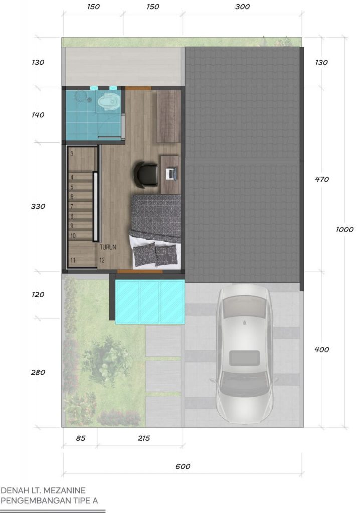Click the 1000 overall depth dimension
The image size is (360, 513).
[x=344, y=229]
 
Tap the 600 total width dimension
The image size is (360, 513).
[x=183, y=466]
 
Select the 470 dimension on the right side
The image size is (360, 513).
[x=322, y=179]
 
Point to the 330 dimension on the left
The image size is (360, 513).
[x=38, y=206]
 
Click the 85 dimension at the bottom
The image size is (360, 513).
[x=81, y=438]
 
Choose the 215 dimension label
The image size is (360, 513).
[x=144, y=438]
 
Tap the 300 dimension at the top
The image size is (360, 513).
[x=242, y=6]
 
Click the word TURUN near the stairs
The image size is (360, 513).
[x=108, y=247]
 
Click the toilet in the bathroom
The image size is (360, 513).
[x=108, y=101]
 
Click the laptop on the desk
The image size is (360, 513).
[x=171, y=174]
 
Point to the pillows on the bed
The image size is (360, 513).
[x=156, y=254]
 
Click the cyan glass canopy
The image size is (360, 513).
[x=150, y=301]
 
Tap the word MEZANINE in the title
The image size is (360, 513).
[x=64, y=490]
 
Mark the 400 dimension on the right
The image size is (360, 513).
[x=322, y=349]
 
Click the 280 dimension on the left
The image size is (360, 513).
[x=38, y=372]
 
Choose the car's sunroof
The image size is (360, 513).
[x=244, y=358]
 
